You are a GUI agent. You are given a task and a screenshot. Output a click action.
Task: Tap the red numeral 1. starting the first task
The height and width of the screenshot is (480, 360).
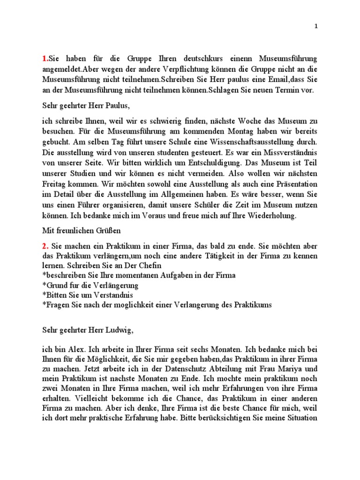point(45,59)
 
